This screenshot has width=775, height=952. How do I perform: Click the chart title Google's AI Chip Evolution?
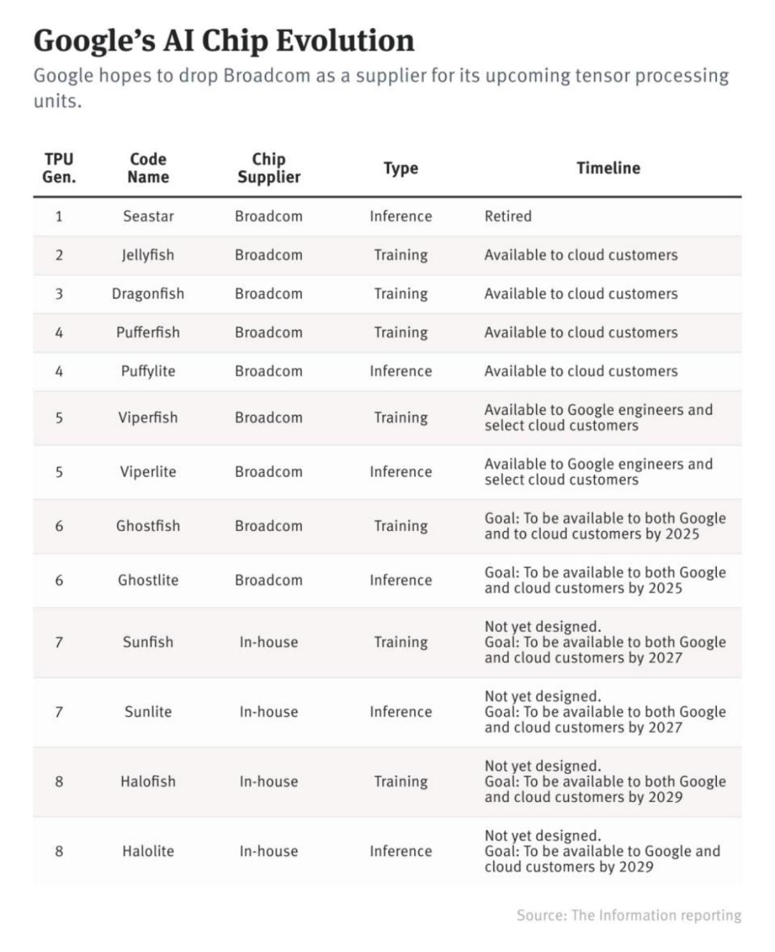click(x=224, y=41)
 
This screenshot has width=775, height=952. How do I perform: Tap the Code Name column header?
click(x=148, y=168)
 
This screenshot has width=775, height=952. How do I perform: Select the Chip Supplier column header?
click(x=268, y=168)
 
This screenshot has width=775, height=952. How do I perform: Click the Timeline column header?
click(x=608, y=168)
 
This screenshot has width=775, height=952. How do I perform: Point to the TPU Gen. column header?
click(x=59, y=168)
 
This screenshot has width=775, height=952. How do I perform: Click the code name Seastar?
click(x=148, y=216)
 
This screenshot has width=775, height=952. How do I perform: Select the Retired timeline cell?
click(x=508, y=216)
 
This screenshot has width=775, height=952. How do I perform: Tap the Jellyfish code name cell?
click(x=148, y=255)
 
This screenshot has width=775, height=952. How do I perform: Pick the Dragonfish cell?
click(x=148, y=293)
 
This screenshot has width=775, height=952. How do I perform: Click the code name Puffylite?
click(x=148, y=371)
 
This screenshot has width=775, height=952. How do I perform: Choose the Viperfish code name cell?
click(x=148, y=418)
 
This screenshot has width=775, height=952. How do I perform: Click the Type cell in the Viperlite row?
click(x=400, y=471)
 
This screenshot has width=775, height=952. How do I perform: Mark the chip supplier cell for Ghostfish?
click(x=268, y=526)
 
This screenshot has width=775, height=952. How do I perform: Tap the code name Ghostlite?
click(x=148, y=580)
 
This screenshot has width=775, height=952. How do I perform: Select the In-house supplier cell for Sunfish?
click(x=268, y=642)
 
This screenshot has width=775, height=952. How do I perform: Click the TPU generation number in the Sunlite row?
click(x=59, y=712)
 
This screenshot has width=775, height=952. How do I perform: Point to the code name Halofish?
click(x=148, y=781)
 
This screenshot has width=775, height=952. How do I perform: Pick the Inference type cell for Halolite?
click(x=400, y=851)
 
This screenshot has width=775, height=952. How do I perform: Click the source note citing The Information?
click(x=629, y=915)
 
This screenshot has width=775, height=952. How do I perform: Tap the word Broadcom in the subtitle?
click(x=266, y=76)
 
